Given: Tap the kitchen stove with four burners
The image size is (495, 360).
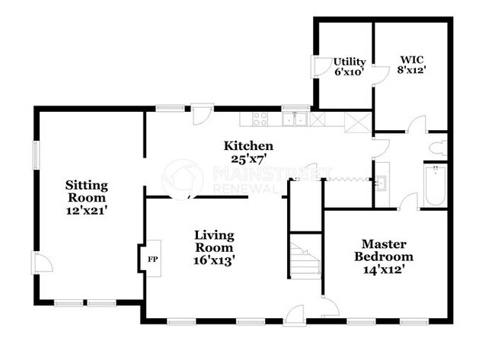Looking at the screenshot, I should tap(260, 119).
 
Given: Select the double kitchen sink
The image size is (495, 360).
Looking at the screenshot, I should tap(293, 119).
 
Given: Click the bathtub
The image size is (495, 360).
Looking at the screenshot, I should tap(435, 185).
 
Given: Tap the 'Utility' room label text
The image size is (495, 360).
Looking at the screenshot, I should tap(350, 62).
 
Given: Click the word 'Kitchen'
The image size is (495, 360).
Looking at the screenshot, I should tap(248, 145).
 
